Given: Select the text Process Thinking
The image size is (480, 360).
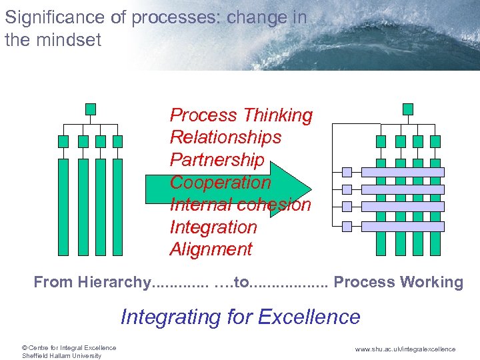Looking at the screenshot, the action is [241, 115].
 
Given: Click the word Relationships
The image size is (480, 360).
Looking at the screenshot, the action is [225, 137].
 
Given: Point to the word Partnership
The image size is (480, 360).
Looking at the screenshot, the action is [217, 160].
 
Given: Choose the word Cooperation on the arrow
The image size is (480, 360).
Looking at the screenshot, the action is [220, 182].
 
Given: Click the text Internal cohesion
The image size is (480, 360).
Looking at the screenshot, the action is [240, 204].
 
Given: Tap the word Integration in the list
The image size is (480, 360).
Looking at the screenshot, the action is [213, 227].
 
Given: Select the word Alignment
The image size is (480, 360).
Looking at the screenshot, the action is [211, 249].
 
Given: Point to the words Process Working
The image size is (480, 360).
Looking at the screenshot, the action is [398, 282].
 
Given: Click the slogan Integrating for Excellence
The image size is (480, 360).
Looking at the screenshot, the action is [240, 317].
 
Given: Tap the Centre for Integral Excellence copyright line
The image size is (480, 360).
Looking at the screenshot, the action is [69, 347].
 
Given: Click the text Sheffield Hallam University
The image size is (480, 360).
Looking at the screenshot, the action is [61, 355].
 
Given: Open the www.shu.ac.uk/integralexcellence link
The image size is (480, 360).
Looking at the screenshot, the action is [405, 349].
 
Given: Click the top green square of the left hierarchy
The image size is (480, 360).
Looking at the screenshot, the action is [91, 109].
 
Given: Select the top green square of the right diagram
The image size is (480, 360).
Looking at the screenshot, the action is [408, 109].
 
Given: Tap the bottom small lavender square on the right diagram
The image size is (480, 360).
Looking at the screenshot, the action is [347, 227].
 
